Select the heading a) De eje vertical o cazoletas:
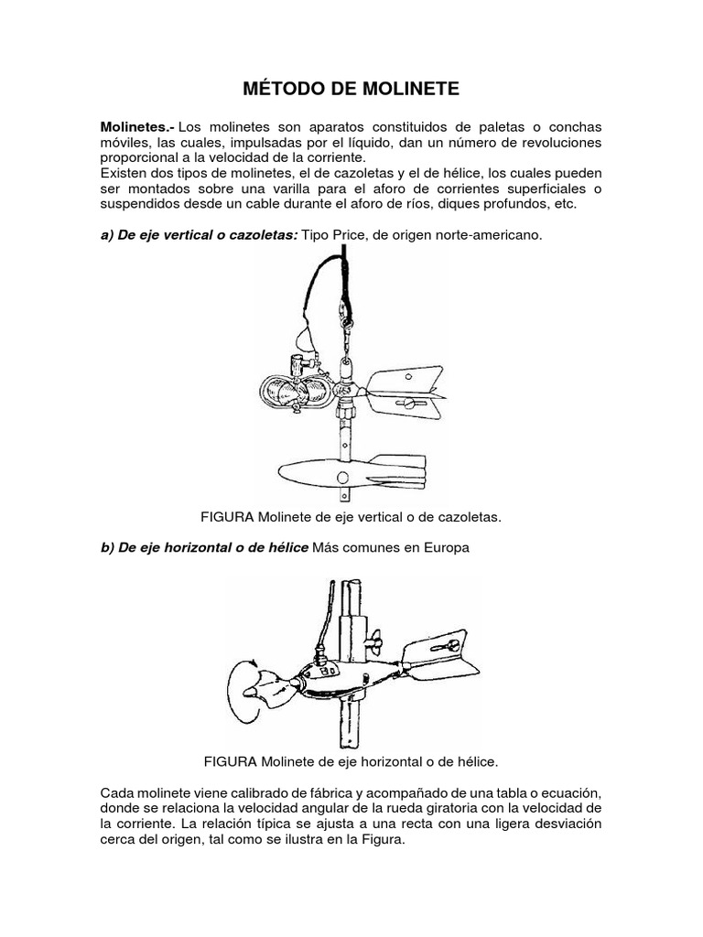click(199, 235)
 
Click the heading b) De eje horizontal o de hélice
click(204, 548)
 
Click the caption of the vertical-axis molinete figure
click(351, 517)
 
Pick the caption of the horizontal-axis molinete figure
click(351, 760)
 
